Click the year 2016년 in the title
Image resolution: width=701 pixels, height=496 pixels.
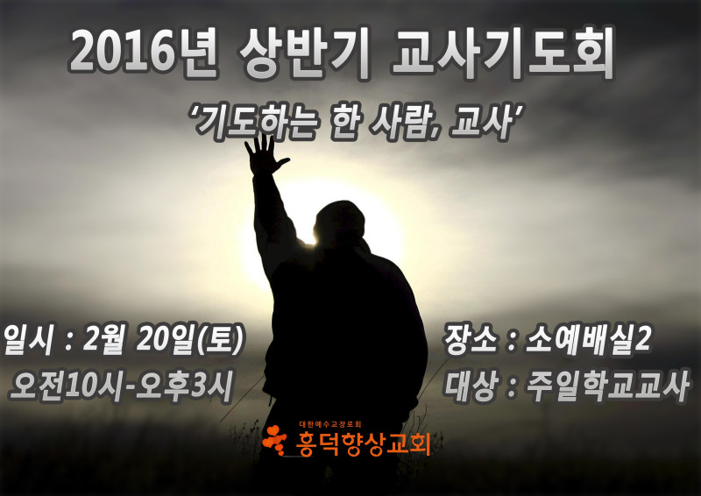click(x=144, y=53)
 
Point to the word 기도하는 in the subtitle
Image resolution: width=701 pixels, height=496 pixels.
click(x=255, y=122)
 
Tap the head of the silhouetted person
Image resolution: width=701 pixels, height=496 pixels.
click(x=341, y=223)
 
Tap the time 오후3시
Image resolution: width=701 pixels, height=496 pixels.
click(x=184, y=386)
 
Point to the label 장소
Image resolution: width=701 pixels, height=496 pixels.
click(x=471, y=340)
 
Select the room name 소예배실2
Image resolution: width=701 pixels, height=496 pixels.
click(x=587, y=340)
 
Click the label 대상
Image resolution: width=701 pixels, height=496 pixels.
click(x=471, y=386)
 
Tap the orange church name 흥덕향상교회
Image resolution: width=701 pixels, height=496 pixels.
click(x=363, y=443)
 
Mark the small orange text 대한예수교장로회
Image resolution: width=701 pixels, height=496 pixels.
click(x=330, y=423)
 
